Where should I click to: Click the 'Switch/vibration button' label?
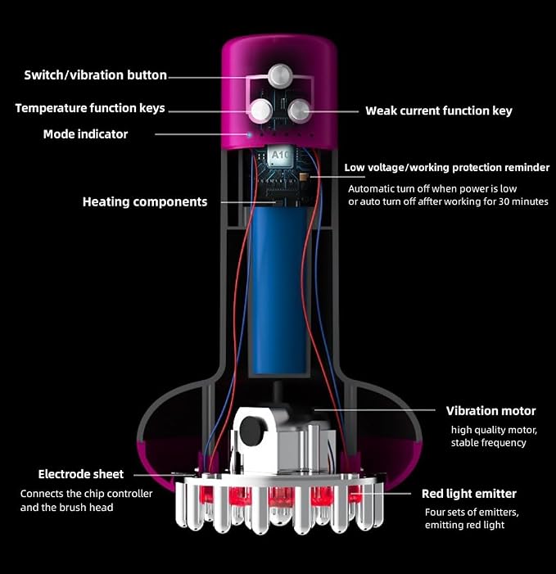95,75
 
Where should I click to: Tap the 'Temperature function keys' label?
90,108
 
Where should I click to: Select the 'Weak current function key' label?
439,111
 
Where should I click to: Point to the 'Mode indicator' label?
85,134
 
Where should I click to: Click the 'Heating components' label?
145,201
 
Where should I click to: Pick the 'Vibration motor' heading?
490,411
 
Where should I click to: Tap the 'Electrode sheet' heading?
81,474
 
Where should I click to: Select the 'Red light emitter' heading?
469,494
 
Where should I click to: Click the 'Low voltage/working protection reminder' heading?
446,168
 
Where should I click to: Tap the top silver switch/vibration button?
280,75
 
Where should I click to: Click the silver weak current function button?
300,111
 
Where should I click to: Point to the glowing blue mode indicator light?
249,135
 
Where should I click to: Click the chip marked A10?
281,156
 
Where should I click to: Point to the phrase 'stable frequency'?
488,443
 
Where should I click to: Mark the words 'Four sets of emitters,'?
472,512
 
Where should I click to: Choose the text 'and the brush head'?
66,508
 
